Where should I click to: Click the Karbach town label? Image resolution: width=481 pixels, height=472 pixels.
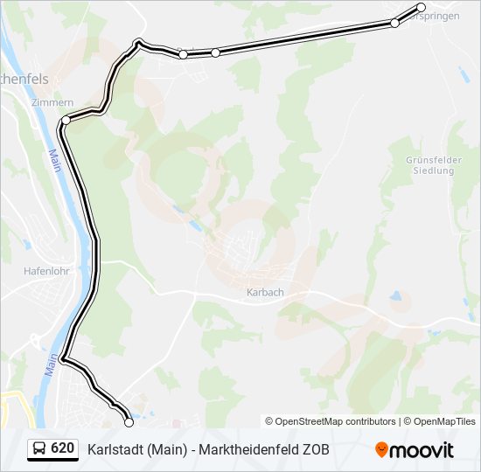pos(266,292)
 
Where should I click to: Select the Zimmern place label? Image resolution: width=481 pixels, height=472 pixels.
pos(46,102)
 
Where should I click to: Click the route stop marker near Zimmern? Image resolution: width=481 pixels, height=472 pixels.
pos(66,120)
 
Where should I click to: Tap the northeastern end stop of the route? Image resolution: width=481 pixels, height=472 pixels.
pos(421,8)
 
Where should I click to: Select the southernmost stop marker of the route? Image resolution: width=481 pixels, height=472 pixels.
pos(129,422)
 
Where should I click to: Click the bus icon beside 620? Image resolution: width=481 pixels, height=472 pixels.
pos(39,448)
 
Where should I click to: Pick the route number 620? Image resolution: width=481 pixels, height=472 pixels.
pos(62,448)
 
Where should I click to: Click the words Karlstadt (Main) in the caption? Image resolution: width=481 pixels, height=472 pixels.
pos(136,449)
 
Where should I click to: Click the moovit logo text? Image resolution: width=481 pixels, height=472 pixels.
pos(422,450)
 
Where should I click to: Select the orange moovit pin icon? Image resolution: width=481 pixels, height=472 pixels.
pos(382,450)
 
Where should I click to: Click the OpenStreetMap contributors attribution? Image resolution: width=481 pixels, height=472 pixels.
pos(331,421)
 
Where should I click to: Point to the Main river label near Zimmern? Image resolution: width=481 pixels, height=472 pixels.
pos(54,159)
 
